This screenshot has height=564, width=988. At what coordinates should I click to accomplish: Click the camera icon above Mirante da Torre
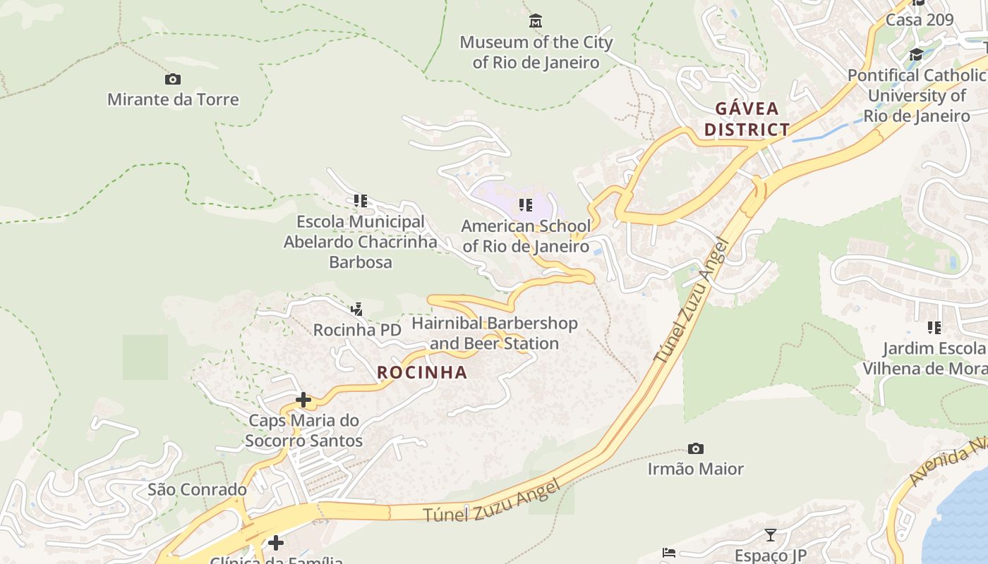click(x=173, y=79)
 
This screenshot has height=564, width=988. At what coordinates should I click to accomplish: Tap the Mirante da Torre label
click(x=173, y=99)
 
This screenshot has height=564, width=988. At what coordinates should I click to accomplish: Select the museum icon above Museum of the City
click(x=536, y=21)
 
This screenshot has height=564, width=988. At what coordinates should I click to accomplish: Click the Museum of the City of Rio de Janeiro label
click(x=536, y=52)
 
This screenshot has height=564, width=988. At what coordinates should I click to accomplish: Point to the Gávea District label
click(x=747, y=119)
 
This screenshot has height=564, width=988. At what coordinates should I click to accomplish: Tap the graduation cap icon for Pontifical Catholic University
click(x=916, y=54)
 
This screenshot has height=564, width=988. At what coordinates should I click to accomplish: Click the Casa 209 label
click(x=920, y=19)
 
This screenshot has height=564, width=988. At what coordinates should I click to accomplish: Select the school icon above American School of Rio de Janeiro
click(x=525, y=205)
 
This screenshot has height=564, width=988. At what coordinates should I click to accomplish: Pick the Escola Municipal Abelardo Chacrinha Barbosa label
click(x=360, y=242)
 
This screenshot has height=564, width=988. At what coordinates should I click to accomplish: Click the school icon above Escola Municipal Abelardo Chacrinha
click(x=361, y=201)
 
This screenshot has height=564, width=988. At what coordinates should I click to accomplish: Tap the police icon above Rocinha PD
click(x=357, y=309)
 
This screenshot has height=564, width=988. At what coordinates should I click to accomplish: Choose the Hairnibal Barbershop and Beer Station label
click(x=495, y=333)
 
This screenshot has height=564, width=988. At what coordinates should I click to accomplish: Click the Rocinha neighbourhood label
click(x=422, y=372)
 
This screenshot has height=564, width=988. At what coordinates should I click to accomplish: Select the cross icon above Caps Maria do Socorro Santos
click(x=303, y=400)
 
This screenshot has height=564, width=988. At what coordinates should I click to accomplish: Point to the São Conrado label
click(x=197, y=489)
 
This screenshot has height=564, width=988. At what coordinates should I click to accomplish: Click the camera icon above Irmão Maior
click(x=696, y=448)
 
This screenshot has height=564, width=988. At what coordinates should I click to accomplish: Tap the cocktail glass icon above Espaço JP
click(x=770, y=535)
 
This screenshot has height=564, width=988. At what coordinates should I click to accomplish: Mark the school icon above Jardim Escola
click(x=934, y=327)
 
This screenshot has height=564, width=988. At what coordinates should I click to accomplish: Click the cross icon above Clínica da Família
click(x=276, y=542)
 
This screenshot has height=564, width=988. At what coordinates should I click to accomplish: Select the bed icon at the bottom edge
click(x=669, y=552)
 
